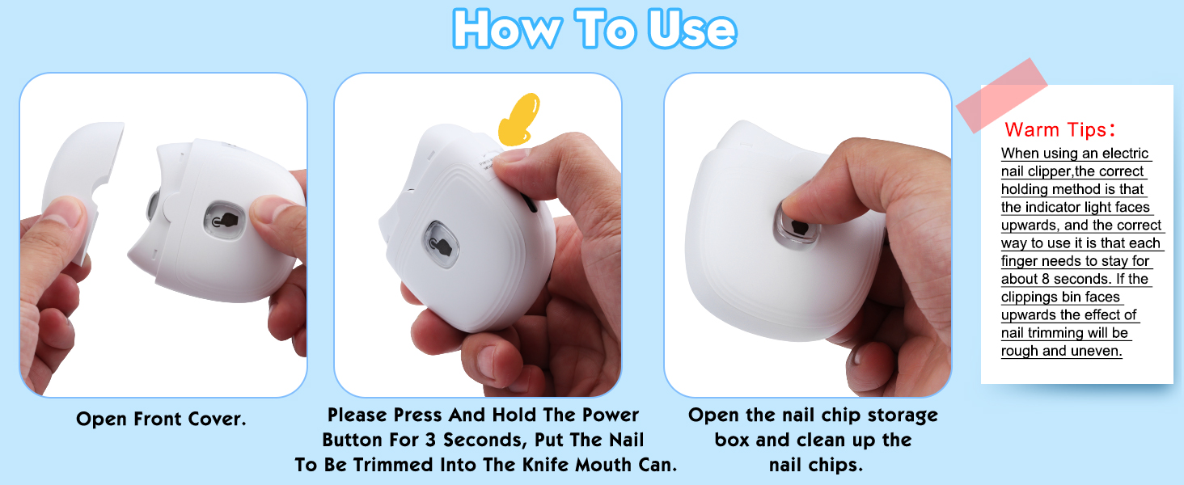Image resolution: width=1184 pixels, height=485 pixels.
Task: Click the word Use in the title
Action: tap(691, 30)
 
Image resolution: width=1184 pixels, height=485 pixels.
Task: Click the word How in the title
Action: tap(506, 29)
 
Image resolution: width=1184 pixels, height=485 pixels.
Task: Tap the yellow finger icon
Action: tap(519, 119)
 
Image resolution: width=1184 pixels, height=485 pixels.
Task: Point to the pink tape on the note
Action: tap(1002, 95)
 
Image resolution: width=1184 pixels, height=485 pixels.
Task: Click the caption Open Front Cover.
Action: tap(161, 419)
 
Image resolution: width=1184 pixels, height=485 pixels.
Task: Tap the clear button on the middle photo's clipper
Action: tap(442, 244)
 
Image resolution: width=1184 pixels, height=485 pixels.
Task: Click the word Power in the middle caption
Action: tap(611, 415)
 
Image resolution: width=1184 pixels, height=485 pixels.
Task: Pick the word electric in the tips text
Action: tap(1123, 154)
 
